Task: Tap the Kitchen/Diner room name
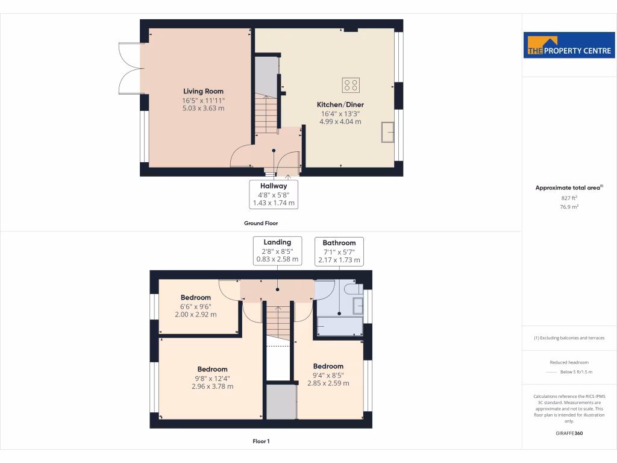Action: pyautogui.click(x=340, y=105)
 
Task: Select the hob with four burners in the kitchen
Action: pyautogui.click(x=351, y=86)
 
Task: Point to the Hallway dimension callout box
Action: pyautogui.click(x=274, y=195)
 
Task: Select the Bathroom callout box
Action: pyautogui.click(x=339, y=251)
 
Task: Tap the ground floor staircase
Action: pyautogui.click(x=266, y=115)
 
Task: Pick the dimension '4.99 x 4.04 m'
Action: pyautogui.click(x=340, y=121)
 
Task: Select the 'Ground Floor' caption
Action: pyautogui.click(x=261, y=223)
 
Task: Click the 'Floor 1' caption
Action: pyautogui.click(x=261, y=441)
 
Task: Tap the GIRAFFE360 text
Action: pyautogui.click(x=569, y=433)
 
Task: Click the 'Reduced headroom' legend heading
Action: pyautogui.click(x=569, y=362)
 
